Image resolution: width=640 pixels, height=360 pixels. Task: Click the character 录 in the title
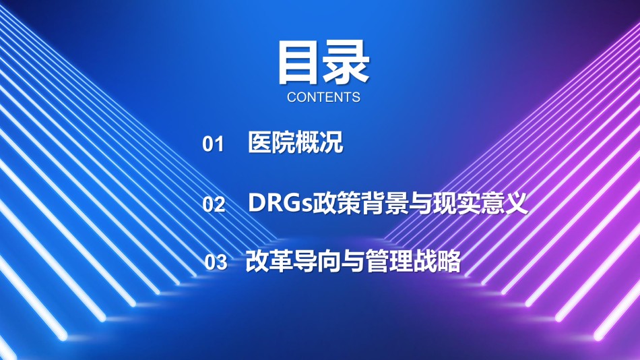pos(346,63)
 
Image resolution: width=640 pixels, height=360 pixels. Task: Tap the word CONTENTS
pos(323,97)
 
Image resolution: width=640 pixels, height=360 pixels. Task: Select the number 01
pos(213,144)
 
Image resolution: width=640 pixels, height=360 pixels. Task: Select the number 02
pos(214,204)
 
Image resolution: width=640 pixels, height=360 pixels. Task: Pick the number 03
pos(216,262)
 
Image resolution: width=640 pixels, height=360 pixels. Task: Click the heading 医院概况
pos(296,142)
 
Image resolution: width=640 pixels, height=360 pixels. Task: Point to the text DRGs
pos(280,202)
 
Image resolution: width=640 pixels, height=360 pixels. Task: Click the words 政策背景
pos(360,202)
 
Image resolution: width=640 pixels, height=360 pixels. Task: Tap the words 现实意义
pos(480,202)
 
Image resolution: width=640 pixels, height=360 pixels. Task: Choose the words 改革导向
pos(292,261)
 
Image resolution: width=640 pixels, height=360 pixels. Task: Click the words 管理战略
pos(413,261)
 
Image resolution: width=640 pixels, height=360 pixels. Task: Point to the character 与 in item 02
pos(420,202)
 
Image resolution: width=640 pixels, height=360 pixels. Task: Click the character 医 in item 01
pos(260,142)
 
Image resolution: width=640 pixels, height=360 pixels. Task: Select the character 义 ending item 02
pos(516,202)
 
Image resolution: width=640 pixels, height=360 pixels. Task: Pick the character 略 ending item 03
pos(449,261)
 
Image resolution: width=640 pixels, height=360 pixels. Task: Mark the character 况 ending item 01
pos(331,142)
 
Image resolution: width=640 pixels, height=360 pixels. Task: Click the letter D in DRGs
pos(257,202)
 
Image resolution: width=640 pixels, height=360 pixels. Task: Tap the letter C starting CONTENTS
pos(292,97)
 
